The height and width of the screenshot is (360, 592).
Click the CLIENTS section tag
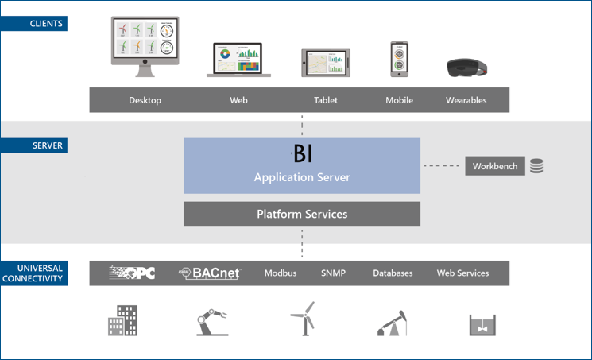pos(34,23)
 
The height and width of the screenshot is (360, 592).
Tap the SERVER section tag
pos(34,145)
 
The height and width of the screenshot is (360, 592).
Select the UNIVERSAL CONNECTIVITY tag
pos(34,273)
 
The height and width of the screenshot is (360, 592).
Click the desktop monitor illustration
pos(145,46)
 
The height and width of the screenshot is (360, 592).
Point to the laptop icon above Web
pos(238,60)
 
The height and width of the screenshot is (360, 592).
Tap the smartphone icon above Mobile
pos(399,60)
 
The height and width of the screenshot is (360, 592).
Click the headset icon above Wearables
pos(467,68)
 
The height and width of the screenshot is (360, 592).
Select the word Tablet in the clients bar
pos(326,100)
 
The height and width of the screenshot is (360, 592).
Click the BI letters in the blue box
pos(303,153)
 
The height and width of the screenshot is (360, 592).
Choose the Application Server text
pos(302,177)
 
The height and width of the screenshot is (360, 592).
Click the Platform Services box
pos(302,215)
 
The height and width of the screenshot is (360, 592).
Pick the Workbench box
pos(495,166)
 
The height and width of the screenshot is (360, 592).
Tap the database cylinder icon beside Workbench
pos(536,166)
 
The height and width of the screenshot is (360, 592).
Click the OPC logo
pos(132,273)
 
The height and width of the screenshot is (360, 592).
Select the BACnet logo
pos(210,273)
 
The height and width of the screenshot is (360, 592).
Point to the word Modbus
pos(281,273)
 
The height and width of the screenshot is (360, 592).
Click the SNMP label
pos(334,273)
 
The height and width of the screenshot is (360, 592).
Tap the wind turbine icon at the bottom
pos(304,319)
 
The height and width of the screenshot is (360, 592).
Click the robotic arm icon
pos(212,322)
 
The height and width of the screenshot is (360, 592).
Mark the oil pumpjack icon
pos(393,323)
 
